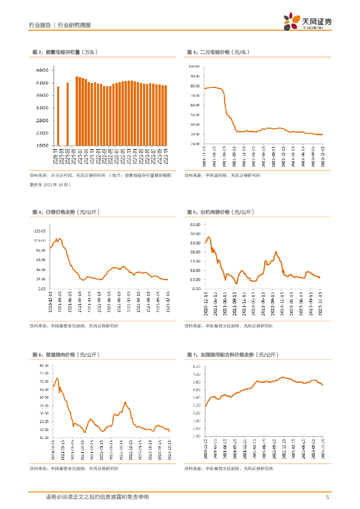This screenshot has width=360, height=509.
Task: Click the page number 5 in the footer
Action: click(327, 497)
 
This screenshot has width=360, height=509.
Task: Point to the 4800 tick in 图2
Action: click(42, 70)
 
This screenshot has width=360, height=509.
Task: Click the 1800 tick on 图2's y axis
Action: click(42, 146)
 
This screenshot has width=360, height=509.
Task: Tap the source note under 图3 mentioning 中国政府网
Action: click(222, 175)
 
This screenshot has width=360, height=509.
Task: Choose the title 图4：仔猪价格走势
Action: click(66, 212)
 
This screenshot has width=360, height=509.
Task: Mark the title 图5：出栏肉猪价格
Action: click(220, 212)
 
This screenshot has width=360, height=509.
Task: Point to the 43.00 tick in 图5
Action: click(195, 224)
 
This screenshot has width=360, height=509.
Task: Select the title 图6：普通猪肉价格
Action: click(66, 355)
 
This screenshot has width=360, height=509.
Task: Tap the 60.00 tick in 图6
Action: click(42, 365)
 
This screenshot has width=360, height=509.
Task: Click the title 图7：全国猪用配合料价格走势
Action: click(232, 355)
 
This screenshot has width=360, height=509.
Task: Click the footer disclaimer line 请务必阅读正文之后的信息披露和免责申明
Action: click(97, 497)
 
